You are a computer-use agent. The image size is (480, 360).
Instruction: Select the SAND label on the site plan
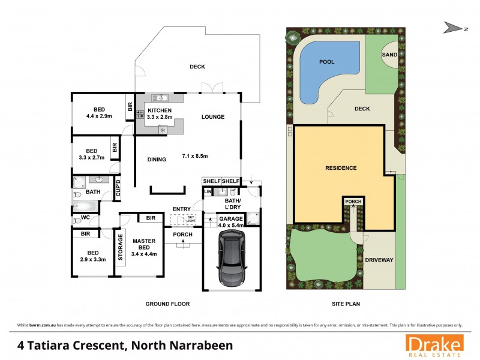pos(389,55)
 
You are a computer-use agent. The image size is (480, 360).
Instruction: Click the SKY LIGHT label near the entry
pos(191,218)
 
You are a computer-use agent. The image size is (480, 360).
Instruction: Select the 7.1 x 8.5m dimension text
pos(194,157)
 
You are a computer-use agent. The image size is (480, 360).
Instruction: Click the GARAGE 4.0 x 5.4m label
pos(231,223)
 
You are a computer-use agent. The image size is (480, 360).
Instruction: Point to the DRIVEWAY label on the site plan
pos(378,260)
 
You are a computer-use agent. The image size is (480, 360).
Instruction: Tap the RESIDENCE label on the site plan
pos(341,168)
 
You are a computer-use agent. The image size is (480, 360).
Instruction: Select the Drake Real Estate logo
pos(434,346)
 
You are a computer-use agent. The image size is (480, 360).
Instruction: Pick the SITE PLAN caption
pos(346,304)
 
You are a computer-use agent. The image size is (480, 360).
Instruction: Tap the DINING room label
pos(157,159)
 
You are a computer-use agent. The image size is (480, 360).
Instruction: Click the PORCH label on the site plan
pos(353,202)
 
